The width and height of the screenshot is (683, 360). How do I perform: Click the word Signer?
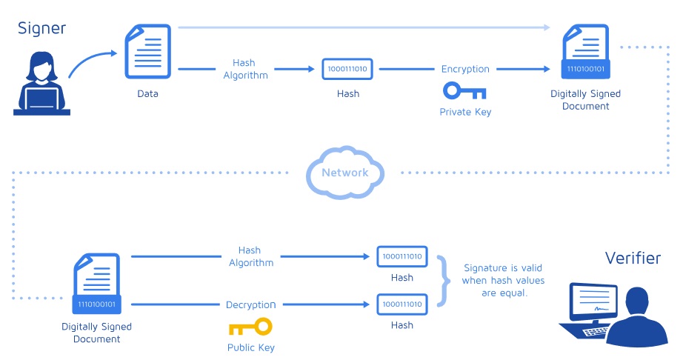point(41,29)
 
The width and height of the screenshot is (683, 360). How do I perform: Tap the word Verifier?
point(633,258)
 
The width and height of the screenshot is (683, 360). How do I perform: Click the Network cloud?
point(345,173)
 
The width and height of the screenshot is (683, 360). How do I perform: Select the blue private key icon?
point(464,90)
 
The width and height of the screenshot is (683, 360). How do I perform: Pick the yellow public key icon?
point(250,327)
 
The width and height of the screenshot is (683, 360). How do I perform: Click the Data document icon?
point(147,51)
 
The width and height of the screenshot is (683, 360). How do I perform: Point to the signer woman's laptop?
point(41,100)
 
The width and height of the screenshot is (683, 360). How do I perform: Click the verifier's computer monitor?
point(593,301)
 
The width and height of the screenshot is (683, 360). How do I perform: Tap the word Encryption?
point(465,69)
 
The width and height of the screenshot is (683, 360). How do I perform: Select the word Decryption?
point(250,304)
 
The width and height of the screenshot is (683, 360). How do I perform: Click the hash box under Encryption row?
point(347,69)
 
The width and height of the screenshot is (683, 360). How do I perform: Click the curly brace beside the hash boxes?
point(444,281)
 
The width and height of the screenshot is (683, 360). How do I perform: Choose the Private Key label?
point(465,112)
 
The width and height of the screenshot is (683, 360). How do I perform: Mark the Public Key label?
point(251,347)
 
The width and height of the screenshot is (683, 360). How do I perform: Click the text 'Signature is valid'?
point(503,267)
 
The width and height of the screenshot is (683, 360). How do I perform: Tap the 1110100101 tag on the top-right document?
point(585,69)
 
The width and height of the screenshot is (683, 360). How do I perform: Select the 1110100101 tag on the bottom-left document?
point(97,304)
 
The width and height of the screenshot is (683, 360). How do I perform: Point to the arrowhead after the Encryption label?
point(546,69)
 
